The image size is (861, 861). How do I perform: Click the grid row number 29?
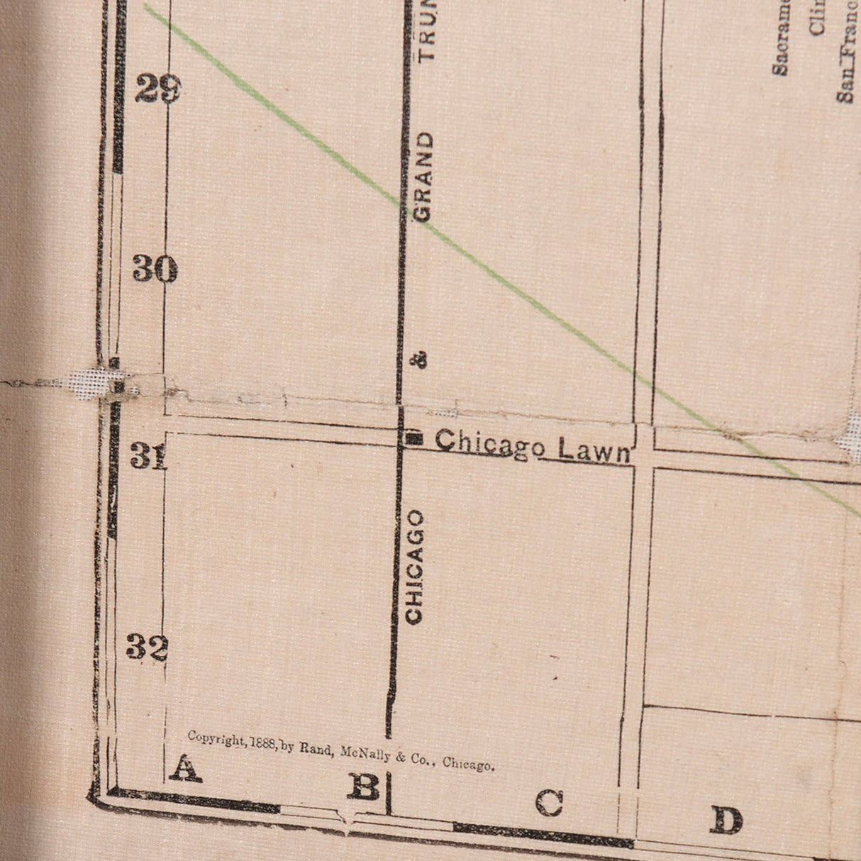coord(157,90)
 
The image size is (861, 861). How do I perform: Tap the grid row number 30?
coord(155,270)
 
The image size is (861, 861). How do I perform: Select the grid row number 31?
coord(148,457)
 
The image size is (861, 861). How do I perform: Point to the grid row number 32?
coord(147,647)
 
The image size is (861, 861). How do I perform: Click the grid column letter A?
coord(184,768)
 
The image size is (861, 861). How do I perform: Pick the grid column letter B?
coord(364,787)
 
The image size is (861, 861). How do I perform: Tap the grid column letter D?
coord(726,821)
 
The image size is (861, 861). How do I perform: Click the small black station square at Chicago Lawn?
coord(414,438)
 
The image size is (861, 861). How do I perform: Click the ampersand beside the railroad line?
coord(420,360)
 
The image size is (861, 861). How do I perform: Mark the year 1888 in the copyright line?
coord(263,744)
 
